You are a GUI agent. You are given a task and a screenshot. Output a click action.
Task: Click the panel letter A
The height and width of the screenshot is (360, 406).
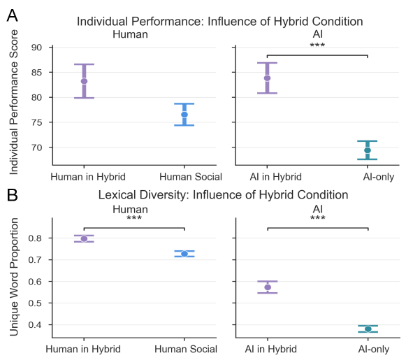click(13, 13)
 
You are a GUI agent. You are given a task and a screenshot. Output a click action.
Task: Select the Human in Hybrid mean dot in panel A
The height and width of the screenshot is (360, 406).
click(84, 81)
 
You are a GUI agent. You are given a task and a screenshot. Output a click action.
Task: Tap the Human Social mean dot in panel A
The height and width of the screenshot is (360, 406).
click(184, 115)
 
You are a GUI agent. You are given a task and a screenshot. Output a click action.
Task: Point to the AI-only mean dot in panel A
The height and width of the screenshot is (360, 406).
click(368, 150)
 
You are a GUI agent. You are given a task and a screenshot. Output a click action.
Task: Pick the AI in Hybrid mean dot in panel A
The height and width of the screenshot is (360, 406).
click(267, 78)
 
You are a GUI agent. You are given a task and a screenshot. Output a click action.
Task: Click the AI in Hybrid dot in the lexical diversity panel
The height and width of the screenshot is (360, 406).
click(267, 287)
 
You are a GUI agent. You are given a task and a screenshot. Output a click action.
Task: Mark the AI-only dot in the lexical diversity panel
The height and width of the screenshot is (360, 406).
click(368, 329)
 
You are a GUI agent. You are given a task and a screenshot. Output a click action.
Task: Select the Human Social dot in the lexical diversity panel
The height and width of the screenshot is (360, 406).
click(184, 254)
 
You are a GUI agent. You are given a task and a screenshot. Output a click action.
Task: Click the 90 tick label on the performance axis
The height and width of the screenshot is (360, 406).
click(37, 48)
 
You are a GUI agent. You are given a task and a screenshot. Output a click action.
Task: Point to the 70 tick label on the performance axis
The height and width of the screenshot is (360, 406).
click(37, 147)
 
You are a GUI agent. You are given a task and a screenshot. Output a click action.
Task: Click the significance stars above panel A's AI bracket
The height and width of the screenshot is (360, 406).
click(317, 48)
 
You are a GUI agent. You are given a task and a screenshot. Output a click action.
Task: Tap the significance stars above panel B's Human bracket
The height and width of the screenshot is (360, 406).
click(134, 219)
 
